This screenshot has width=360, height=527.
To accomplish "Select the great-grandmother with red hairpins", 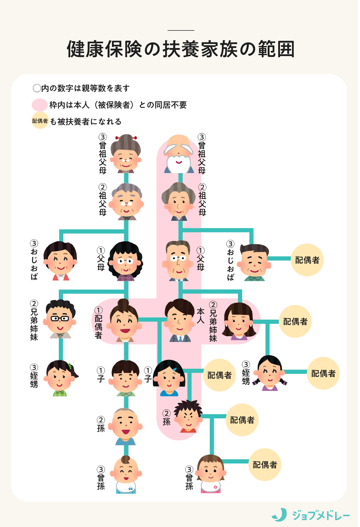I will (x=125, y=154).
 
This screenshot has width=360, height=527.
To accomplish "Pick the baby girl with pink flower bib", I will (x=211, y=474).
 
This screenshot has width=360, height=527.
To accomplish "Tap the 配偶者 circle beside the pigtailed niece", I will (x=323, y=374).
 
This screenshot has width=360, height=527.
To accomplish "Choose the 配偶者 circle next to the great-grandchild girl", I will (x=264, y=464).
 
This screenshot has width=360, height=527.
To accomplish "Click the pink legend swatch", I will (x=40, y=105).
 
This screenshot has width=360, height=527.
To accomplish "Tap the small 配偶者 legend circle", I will (x=40, y=121).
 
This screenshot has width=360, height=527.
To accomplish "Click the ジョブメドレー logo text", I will (x=320, y=515).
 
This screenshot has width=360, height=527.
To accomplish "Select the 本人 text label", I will (x=201, y=316).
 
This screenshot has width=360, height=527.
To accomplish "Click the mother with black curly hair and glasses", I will (x=126, y=262).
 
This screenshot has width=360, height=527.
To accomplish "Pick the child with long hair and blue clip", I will (x=169, y=378).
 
